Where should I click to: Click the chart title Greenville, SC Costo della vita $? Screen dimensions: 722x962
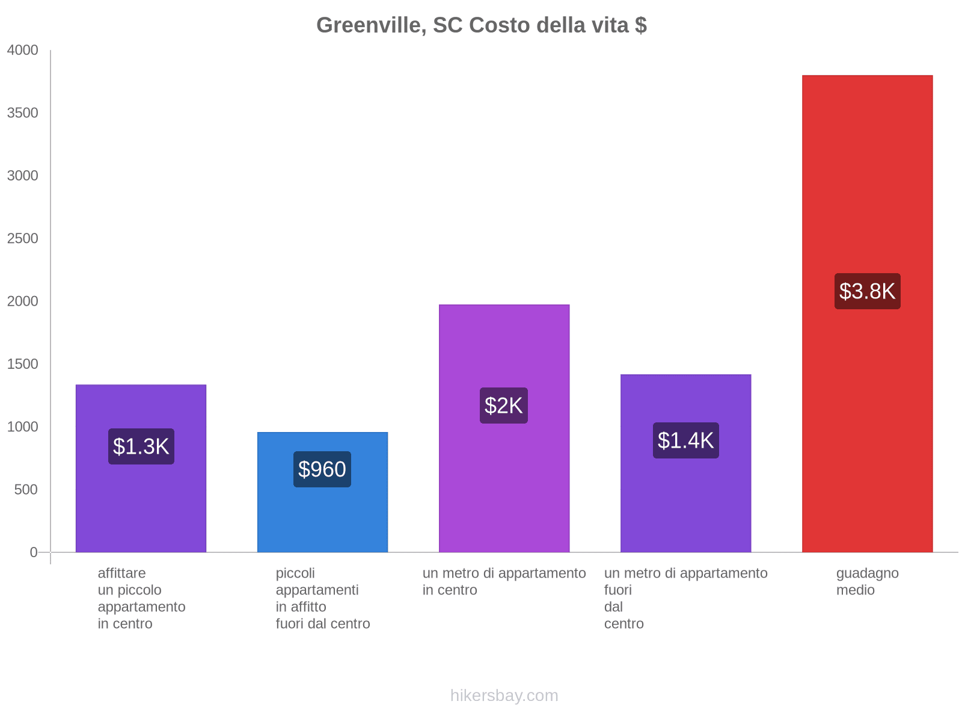point(481,25)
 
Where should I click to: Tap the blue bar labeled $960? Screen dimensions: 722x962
point(322,517)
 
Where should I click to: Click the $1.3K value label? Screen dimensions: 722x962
point(141,446)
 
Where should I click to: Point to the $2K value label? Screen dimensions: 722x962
point(504,406)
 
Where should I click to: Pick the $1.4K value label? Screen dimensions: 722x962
point(685,440)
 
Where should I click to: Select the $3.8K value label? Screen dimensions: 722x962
point(867,291)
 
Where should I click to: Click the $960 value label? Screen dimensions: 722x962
point(322,469)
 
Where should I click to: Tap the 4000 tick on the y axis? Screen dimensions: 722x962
point(23,51)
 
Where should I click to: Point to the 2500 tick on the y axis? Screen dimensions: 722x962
point(23,239)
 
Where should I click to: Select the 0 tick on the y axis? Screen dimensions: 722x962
point(34,552)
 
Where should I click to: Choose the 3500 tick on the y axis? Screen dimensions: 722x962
point(23,113)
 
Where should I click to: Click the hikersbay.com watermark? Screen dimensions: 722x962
point(504,696)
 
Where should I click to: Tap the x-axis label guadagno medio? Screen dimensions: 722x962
point(867,582)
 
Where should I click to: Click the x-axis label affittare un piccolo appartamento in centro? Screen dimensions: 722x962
point(141,598)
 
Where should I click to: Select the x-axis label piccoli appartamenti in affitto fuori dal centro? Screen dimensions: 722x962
point(322,598)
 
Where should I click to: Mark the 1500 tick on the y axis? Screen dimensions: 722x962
point(23,364)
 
